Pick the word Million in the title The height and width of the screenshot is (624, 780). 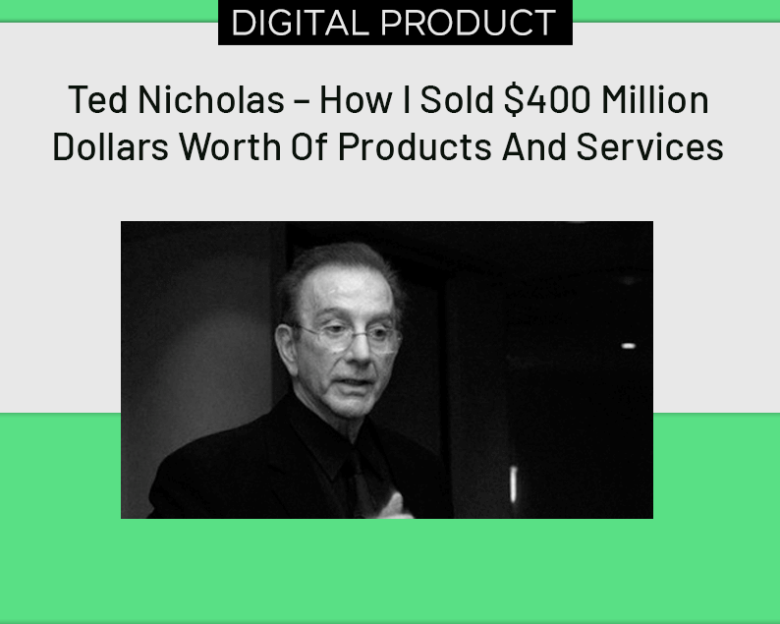(x=654, y=99)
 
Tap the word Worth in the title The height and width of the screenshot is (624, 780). (x=230, y=146)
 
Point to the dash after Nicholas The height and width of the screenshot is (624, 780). (x=302, y=100)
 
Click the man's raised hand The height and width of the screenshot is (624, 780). (x=395, y=506)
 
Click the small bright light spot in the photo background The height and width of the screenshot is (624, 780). (x=628, y=346)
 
